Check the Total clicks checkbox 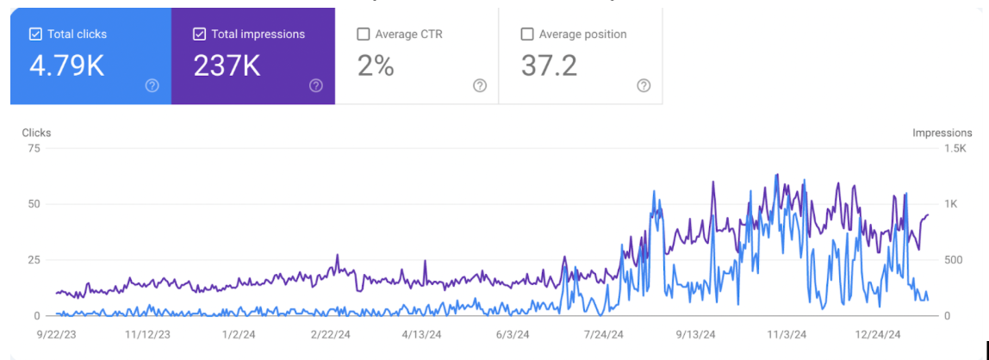[x=35, y=34]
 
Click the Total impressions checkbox [x=199, y=34]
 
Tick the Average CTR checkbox [x=364, y=34]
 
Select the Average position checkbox [x=527, y=34]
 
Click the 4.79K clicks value [x=66, y=65]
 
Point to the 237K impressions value [x=227, y=65]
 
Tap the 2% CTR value [x=376, y=65]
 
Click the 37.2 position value [x=549, y=65]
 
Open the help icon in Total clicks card [x=152, y=85]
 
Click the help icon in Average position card [x=644, y=85]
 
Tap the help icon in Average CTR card [x=480, y=85]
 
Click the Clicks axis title [x=36, y=133]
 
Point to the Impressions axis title [x=942, y=133]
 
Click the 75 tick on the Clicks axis [x=34, y=148]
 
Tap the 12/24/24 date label [x=879, y=334]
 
